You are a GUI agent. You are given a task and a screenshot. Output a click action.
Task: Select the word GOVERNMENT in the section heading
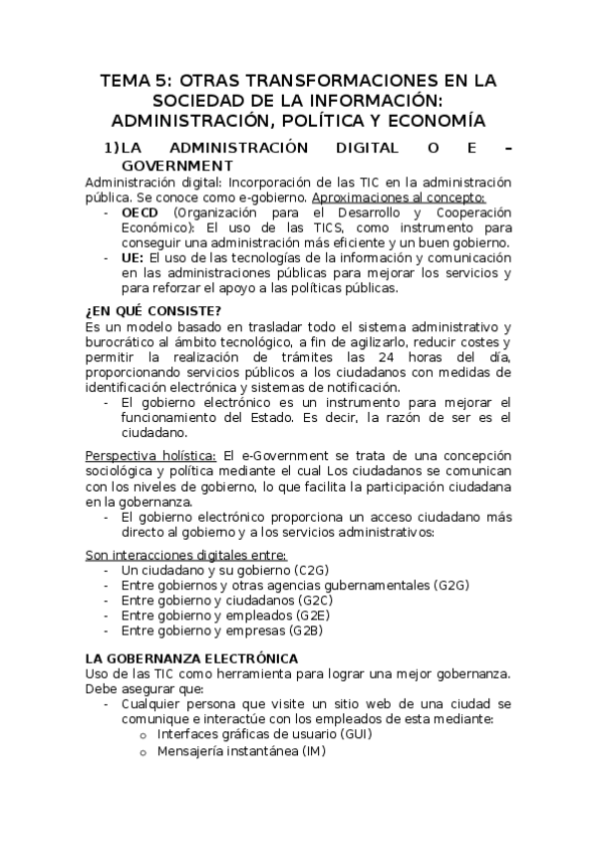(x=177, y=166)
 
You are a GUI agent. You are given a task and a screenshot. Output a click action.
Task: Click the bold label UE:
(x=133, y=257)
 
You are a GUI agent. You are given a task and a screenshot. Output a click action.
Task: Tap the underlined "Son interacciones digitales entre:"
(x=185, y=555)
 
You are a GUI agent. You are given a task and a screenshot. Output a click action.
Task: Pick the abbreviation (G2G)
(x=451, y=586)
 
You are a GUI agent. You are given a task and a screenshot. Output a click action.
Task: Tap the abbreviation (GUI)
(x=355, y=734)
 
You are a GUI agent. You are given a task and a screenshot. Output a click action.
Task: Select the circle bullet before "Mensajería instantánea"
(x=145, y=751)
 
